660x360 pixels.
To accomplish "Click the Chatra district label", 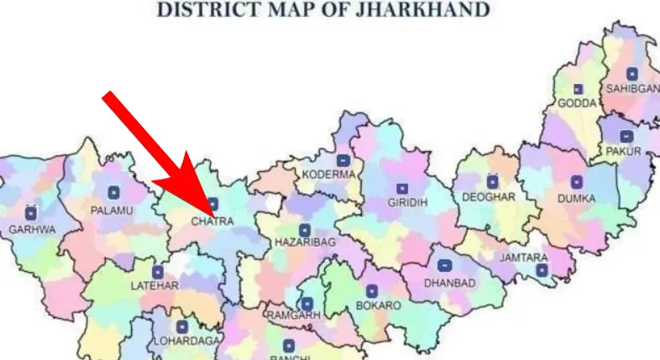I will [x=212, y=222].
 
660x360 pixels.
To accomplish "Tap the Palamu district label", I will [x=112, y=210].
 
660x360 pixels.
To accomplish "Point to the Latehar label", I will [x=155, y=286].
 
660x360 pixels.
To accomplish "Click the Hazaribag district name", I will [x=304, y=242].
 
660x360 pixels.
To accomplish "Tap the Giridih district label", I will [x=408, y=202].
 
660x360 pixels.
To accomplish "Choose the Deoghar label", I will [x=489, y=196].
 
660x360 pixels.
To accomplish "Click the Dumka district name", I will [x=576, y=199].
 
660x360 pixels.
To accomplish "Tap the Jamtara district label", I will [x=523, y=258].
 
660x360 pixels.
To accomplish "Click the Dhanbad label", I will [x=449, y=283].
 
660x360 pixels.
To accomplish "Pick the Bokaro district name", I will [x=379, y=305].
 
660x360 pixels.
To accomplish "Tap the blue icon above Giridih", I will [x=401, y=187].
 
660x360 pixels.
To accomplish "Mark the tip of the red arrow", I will [x=211, y=210].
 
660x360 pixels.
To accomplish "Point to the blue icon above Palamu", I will [x=113, y=193].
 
